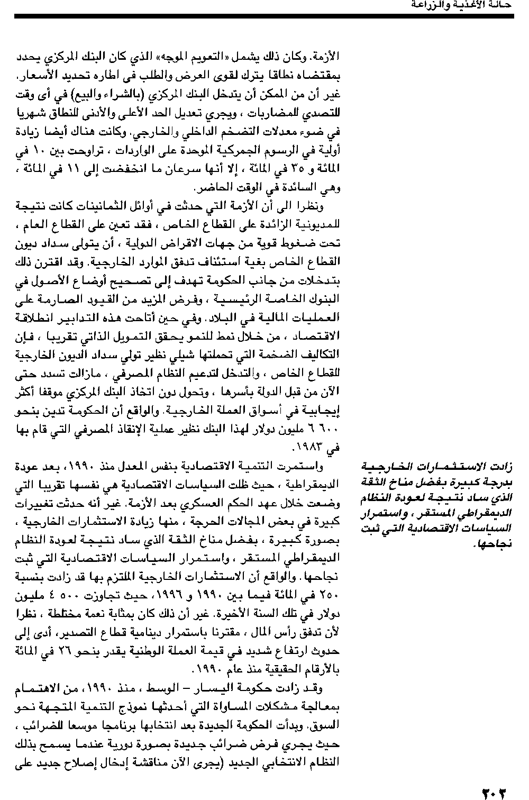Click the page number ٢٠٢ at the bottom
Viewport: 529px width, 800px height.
(494, 793)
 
